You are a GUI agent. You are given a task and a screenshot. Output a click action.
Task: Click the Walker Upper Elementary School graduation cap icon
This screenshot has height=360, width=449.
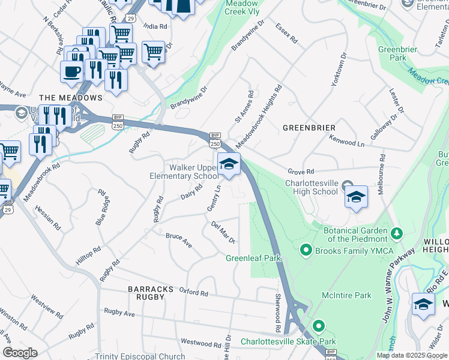[229, 164]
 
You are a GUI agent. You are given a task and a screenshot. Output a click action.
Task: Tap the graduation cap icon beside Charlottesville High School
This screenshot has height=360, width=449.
[356, 197]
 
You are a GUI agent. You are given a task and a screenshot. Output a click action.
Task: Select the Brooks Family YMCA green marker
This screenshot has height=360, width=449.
[306, 249]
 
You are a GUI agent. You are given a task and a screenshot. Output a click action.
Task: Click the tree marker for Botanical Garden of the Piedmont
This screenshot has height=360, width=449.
[396, 232]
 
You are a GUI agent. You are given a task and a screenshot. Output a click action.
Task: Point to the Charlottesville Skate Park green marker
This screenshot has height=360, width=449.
[318, 327]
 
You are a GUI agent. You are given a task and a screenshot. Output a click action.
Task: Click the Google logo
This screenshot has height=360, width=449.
[20, 353]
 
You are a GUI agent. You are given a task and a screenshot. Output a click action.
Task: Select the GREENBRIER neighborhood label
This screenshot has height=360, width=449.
[309, 128]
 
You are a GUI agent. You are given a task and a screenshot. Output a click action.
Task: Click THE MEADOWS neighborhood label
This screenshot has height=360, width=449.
[71, 97]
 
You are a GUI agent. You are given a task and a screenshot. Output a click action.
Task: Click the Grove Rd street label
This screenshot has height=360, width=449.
[301, 172]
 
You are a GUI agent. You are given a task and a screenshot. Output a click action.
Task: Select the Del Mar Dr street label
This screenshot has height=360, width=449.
[223, 232]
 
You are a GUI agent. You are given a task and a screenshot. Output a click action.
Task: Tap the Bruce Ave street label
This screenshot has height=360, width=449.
[179, 240]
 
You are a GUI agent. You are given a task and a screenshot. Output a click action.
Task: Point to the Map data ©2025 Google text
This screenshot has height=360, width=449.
[411, 355]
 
